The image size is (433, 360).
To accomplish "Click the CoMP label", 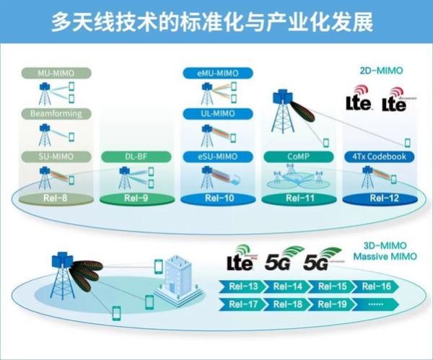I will pos(297,157).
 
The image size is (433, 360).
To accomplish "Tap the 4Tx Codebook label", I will pos(377,157).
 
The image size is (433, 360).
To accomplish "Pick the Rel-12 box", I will pos(377,198).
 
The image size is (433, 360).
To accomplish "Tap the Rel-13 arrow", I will pos(237,287).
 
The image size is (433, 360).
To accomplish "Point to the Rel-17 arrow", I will pos(237,304).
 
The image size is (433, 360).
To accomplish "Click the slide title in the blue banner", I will pos(216,22).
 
